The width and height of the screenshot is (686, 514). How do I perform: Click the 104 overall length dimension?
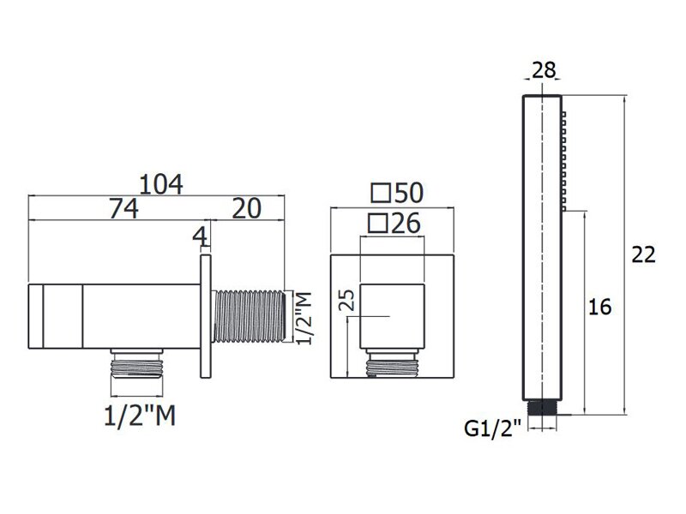point(161,184)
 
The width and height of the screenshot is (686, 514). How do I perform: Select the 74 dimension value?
point(123,208)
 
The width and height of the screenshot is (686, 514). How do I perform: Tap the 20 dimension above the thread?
point(247,208)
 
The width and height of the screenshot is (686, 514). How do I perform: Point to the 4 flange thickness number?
point(200,237)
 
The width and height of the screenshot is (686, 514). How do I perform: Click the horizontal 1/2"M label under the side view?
point(140,415)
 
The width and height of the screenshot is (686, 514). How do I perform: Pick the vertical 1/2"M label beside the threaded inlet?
point(304,318)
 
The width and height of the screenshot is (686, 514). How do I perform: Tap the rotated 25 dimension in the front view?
point(349,301)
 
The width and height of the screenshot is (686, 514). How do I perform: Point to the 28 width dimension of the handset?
point(544,70)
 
